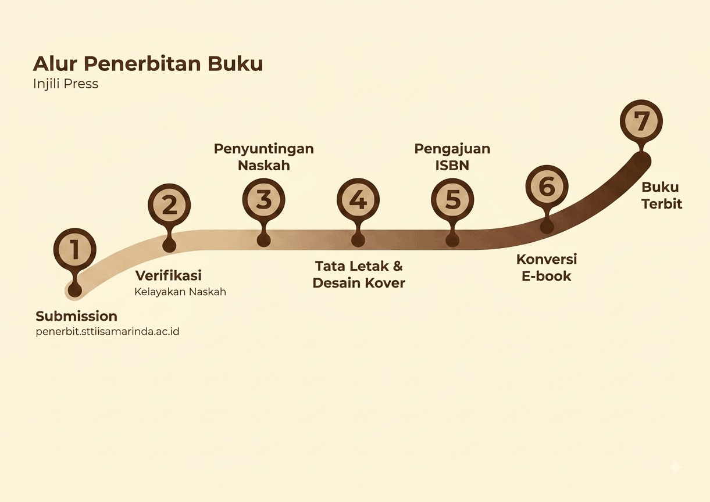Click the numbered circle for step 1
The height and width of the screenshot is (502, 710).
pos(75,250)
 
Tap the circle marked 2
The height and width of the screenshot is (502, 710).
pos(169,205)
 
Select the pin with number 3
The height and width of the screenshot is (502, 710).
pos(264,199)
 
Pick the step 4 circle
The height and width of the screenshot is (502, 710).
pos(358,199)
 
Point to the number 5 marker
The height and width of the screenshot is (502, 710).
pos(452,199)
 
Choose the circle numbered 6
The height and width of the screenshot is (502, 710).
pos(547,187)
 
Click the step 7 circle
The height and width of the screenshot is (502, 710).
pos(641,121)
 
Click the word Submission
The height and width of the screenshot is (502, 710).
pos(76,316)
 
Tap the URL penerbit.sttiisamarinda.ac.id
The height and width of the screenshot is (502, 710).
pos(108,332)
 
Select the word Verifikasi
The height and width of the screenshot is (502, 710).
pos(168,275)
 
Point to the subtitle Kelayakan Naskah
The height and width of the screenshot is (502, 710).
pos(180,292)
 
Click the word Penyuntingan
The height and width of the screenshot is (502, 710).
pos(264,149)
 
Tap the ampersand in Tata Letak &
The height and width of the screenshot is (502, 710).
pos(397,266)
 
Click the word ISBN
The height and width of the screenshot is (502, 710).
pos(452,166)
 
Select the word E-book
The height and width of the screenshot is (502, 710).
pos(547,276)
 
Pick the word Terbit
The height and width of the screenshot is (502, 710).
pos(662,204)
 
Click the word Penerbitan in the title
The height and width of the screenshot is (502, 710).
pos(142,64)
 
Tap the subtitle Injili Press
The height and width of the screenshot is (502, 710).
pos(66,84)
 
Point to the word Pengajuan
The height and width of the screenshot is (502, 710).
pos(452,149)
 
